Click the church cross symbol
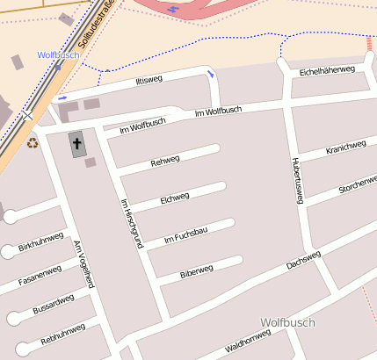(x=77, y=144)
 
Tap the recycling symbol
(x=33, y=142)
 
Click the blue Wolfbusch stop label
(x=58, y=54)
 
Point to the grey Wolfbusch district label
(x=287, y=322)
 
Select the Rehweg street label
(x=164, y=161)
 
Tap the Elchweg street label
(x=175, y=199)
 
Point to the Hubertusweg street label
(x=297, y=181)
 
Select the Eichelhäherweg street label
(x=327, y=69)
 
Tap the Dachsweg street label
(x=304, y=259)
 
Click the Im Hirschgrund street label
(x=130, y=224)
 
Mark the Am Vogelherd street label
(x=83, y=264)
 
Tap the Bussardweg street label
(x=53, y=304)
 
